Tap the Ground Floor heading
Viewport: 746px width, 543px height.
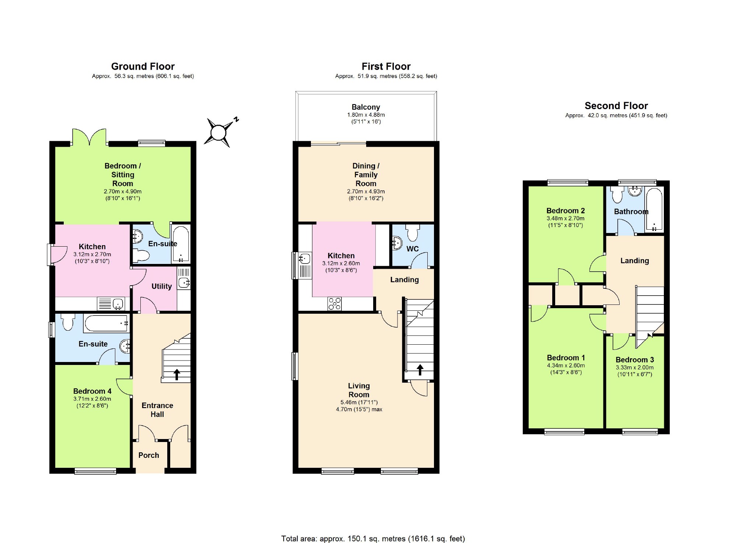(x=143, y=66)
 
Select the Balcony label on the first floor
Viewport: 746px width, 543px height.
(x=366, y=107)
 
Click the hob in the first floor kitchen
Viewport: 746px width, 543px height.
(x=335, y=304)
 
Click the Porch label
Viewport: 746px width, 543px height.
(x=149, y=455)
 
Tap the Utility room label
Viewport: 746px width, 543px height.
(x=162, y=286)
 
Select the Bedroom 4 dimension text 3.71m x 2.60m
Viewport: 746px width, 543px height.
(x=92, y=399)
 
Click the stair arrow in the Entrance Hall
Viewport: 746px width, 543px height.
(x=177, y=374)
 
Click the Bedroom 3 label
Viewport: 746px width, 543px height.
(x=635, y=360)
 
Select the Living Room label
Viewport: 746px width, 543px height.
(x=359, y=390)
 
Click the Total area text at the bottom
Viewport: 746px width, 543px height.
(x=373, y=539)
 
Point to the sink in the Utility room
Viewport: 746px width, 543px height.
(x=184, y=283)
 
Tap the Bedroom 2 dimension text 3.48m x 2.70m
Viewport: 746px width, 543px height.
(x=565, y=219)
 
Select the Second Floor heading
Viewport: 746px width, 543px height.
(x=616, y=106)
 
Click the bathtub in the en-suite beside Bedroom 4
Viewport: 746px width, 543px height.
(x=106, y=323)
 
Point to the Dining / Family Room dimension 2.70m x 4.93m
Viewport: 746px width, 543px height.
(x=366, y=192)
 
